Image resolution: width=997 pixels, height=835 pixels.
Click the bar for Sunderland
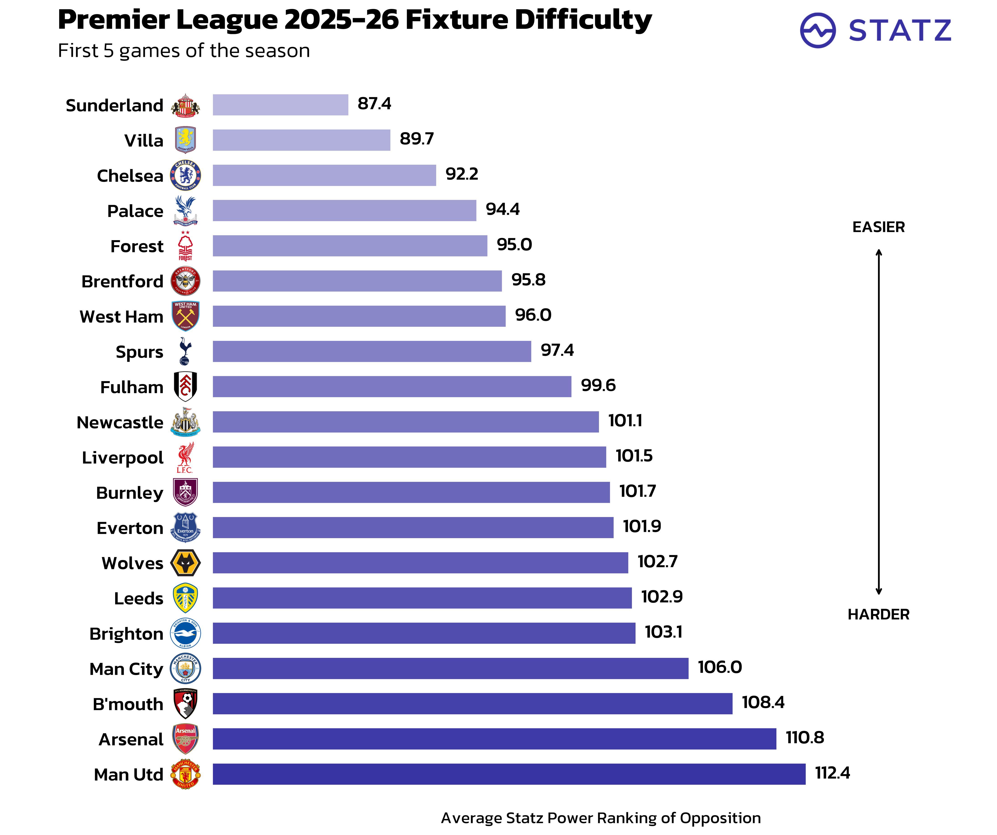click(280, 105)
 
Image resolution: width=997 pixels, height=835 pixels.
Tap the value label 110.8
click(805, 738)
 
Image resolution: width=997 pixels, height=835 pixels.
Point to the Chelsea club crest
click(185, 175)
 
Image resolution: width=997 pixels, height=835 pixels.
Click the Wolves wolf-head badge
click(185, 563)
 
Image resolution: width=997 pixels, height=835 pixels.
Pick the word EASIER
click(878, 227)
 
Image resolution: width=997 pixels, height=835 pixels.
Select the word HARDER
click(878, 614)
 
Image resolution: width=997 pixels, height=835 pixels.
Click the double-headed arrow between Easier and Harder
click(878, 422)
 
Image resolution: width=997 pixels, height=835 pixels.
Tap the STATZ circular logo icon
click(818, 30)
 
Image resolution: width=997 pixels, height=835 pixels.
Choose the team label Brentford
click(123, 281)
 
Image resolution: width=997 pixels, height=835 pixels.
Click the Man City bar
click(450, 668)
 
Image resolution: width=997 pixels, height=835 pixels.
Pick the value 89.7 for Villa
click(416, 139)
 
